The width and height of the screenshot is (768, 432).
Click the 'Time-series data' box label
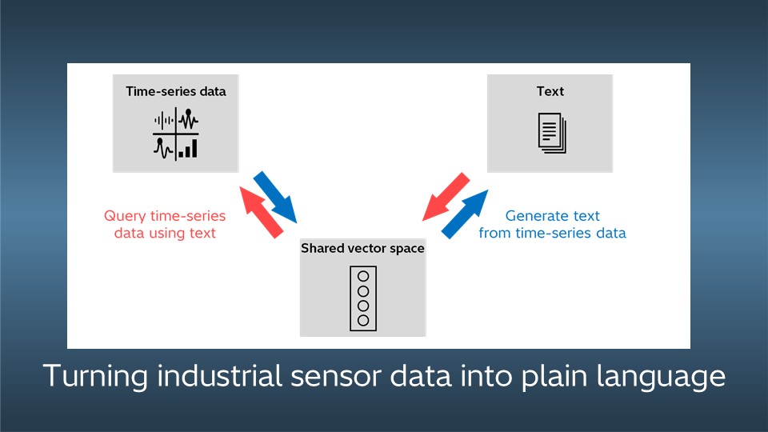pyautogui.click(x=176, y=91)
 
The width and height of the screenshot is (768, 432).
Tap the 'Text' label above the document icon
pyautogui.click(x=550, y=91)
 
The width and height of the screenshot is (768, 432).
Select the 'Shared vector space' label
pyautogui.click(x=362, y=249)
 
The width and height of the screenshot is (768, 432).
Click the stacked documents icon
pyautogui.click(x=551, y=131)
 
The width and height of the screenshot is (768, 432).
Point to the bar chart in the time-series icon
pyautogui.click(x=188, y=148)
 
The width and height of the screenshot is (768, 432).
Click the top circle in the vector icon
pyautogui.click(x=362, y=276)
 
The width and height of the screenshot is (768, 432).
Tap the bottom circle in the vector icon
pyautogui.click(x=362, y=320)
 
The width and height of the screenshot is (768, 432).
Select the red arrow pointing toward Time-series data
pyautogui.click(x=262, y=210)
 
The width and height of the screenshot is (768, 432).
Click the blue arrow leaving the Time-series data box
pyautogui.click(x=274, y=196)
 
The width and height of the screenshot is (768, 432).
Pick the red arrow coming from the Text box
pyautogui.click(x=446, y=196)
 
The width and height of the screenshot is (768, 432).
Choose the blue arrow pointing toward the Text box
pyautogui.click(x=464, y=214)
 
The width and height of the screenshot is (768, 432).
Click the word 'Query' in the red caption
pyautogui.click(x=124, y=216)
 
